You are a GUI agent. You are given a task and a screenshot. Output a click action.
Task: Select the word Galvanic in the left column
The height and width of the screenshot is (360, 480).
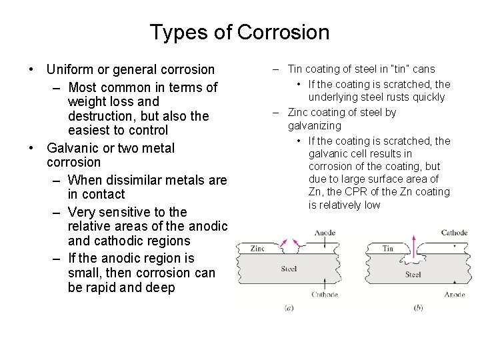pyautogui.click(x=73, y=148)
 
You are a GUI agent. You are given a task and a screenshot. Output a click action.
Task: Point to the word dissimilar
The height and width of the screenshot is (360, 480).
pyautogui.click(x=135, y=180)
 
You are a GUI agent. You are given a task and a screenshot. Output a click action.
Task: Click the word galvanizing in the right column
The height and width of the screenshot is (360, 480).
pyautogui.click(x=314, y=125)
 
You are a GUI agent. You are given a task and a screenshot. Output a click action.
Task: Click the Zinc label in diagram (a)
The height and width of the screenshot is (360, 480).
pyautogui.click(x=257, y=249)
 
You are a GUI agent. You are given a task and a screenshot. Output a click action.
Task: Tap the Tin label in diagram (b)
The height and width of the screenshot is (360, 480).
pyautogui.click(x=388, y=249)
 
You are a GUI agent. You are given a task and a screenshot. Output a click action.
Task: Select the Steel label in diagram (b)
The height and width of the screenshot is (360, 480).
pyautogui.click(x=413, y=274)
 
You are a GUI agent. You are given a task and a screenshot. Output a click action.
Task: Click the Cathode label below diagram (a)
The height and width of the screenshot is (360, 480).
pyautogui.click(x=324, y=294)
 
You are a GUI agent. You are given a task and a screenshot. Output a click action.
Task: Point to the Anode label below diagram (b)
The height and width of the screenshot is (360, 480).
pyautogui.click(x=455, y=294)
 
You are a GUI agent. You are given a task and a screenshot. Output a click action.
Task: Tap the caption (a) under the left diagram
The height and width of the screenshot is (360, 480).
pyautogui.click(x=288, y=307)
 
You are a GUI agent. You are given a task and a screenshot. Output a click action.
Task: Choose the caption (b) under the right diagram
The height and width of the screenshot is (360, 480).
pyautogui.click(x=417, y=307)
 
